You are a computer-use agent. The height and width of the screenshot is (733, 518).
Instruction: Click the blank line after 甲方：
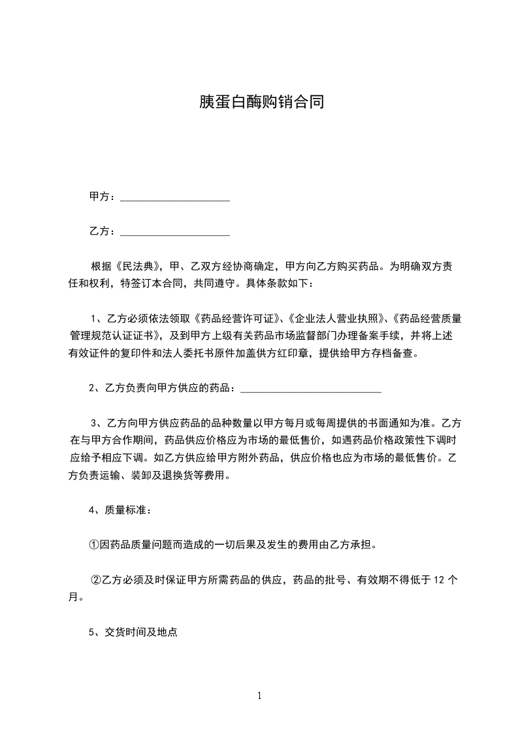(x=175, y=197)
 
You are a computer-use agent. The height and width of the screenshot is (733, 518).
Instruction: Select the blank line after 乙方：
(x=175, y=231)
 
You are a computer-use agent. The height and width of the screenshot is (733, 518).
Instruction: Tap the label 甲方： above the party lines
(x=103, y=197)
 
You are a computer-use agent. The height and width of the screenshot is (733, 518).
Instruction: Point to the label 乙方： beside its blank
(x=103, y=231)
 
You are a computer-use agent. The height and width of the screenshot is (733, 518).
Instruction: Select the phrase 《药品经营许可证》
(x=237, y=319)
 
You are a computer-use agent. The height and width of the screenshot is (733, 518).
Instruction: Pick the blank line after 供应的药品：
(x=311, y=389)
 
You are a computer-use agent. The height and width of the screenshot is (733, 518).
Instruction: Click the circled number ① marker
(x=94, y=544)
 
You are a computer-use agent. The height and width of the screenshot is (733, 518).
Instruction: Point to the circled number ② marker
(x=95, y=579)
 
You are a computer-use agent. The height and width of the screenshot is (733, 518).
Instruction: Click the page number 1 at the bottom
(x=259, y=696)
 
